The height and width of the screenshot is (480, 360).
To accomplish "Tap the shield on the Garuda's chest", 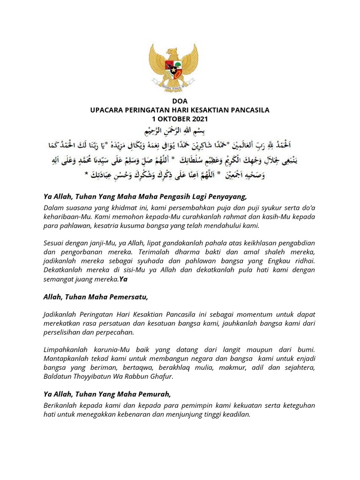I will tap(180, 66).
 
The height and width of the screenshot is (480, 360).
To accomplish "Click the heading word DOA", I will tap(180, 101).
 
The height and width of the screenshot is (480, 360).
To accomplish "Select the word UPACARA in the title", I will tap(106, 110).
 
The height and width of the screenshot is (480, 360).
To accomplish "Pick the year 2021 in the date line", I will tap(198, 119).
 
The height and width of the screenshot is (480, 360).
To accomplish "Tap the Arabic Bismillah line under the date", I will tap(180, 130).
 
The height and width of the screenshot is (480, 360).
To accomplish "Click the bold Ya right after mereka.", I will tap(123, 279).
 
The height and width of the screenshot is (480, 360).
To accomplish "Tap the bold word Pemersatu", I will tap(129, 297).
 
